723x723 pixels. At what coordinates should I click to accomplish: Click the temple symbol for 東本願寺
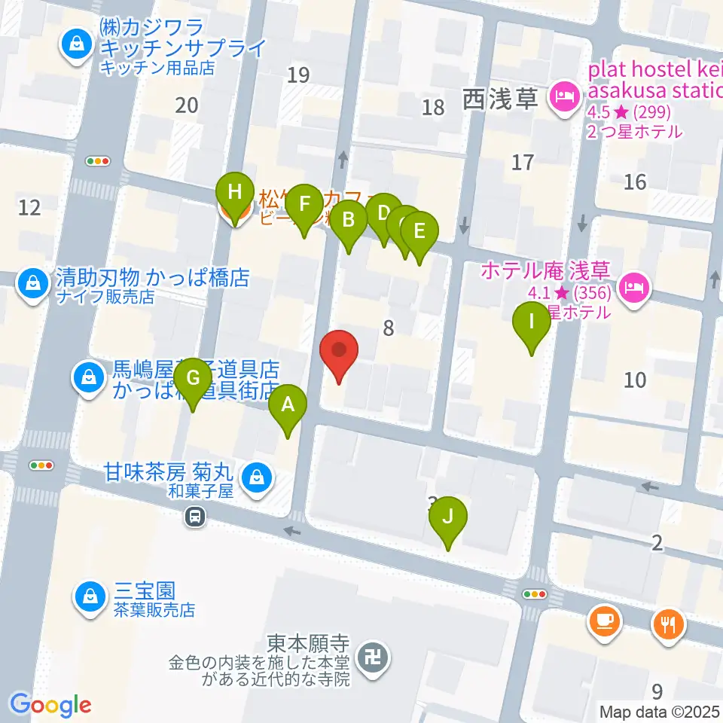371,657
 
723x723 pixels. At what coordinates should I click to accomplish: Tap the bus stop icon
195,517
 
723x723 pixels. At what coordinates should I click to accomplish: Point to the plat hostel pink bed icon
563,95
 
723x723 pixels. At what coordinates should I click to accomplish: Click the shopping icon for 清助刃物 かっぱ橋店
32,284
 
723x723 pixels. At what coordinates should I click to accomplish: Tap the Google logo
50,705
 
